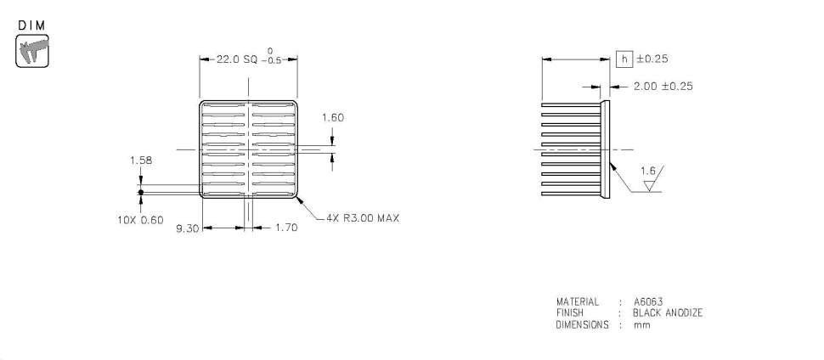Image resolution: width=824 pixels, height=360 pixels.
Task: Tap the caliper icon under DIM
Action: [32, 51]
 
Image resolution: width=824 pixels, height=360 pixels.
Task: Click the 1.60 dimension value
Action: [333, 118]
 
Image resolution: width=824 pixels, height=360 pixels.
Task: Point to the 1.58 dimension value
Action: [141, 160]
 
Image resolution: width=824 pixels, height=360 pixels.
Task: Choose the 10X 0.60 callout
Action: [140, 220]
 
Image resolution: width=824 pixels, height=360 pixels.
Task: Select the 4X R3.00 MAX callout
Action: [363, 218]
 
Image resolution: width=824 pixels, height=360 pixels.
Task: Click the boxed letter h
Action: [624, 59]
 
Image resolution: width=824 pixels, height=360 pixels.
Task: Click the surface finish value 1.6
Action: [646, 172]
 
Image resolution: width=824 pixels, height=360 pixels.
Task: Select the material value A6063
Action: [651, 302]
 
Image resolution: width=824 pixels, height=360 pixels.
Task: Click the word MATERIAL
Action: [578, 302]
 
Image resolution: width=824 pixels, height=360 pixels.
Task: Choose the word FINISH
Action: [569, 312]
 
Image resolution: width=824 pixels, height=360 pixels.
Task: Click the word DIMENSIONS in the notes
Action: [582, 323]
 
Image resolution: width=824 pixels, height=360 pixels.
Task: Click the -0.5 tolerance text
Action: [271, 61]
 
